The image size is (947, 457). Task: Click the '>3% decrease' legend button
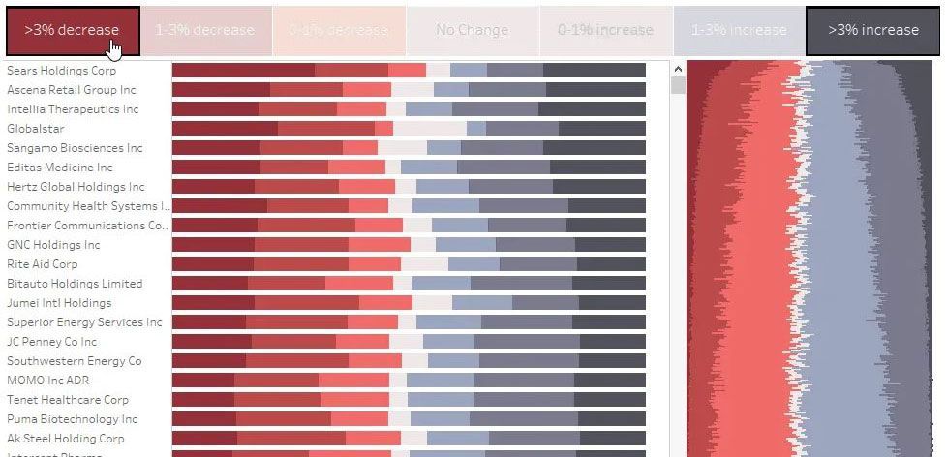tap(73, 30)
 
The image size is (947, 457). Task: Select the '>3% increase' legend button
tap(873, 30)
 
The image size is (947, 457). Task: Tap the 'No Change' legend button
tap(472, 30)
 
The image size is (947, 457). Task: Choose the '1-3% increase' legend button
tap(738, 30)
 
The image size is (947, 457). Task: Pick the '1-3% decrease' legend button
tap(205, 30)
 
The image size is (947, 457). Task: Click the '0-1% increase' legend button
tap(605, 30)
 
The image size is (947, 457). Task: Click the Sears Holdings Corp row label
tap(62, 71)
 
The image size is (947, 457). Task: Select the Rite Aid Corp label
tap(43, 264)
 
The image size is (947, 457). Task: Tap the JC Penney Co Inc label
tap(52, 342)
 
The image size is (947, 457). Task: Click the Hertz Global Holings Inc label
tap(76, 187)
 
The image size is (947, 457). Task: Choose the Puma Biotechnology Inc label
tap(73, 419)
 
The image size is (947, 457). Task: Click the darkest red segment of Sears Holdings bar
tap(243, 71)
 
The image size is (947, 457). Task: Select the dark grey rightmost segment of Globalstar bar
tap(602, 129)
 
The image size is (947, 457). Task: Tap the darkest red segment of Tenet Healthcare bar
tap(203, 400)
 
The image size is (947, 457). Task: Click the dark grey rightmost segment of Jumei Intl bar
tap(612, 303)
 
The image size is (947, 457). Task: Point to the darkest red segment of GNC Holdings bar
tap(213, 245)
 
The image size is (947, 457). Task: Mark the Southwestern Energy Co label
tap(75, 361)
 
